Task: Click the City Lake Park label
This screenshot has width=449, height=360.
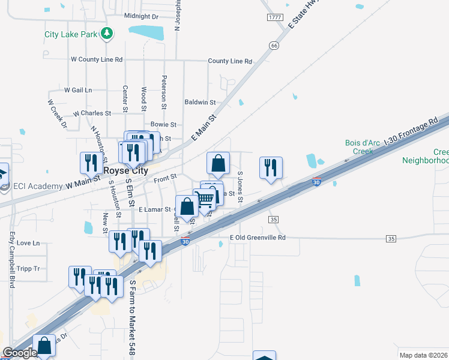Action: (x=71, y=34)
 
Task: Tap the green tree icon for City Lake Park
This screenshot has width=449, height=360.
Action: (x=107, y=34)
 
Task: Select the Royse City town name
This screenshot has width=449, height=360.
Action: (x=125, y=171)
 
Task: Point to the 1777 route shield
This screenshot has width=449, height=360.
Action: (x=275, y=17)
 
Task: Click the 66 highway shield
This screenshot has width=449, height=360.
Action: (x=274, y=45)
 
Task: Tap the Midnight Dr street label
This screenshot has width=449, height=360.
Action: (x=141, y=16)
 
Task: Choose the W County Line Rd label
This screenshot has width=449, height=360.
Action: (x=97, y=59)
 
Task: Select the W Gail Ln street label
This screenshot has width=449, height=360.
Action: (x=78, y=90)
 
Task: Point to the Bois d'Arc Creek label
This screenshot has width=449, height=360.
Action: (x=360, y=147)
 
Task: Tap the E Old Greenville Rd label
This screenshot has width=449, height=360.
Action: (x=258, y=238)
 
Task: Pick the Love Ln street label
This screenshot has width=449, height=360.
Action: (x=28, y=243)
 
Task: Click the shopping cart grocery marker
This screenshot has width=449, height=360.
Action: (x=205, y=199)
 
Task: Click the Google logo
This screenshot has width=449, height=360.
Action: (x=20, y=353)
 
